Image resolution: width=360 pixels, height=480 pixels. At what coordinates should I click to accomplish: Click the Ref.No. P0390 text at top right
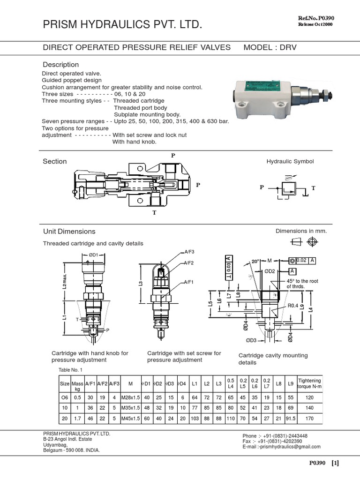click(316, 18)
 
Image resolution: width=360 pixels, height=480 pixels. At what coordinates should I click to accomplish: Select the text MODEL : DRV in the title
click(270, 47)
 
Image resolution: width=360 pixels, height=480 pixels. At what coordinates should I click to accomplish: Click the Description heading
click(61, 65)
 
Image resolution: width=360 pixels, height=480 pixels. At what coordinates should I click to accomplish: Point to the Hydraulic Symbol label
click(290, 161)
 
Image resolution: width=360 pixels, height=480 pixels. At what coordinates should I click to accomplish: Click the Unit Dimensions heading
click(69, 232)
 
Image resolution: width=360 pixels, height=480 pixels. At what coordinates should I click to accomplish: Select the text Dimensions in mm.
click(301, 231)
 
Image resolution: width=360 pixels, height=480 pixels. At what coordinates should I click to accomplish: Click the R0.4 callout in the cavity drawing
click(293, 306)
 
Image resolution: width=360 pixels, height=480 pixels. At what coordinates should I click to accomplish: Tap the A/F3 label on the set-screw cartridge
click(189, 252)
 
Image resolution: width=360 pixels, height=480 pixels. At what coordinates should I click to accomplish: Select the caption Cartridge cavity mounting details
click(273, 359)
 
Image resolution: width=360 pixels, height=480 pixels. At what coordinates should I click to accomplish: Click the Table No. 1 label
click(70, 370)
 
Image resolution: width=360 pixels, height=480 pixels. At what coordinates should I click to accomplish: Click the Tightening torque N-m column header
click(310, 383)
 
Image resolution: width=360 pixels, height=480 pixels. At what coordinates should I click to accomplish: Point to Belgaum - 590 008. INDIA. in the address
click(71, 450)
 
